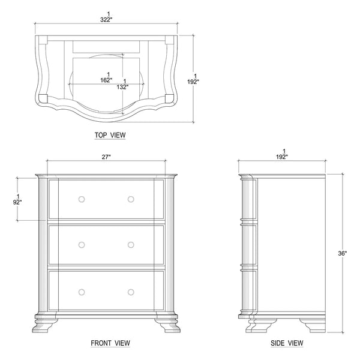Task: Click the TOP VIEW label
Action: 110,135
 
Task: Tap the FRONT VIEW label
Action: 110,343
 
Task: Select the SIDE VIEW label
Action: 287,343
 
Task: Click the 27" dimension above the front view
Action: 106,157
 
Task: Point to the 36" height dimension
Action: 343,253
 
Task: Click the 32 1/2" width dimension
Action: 106,17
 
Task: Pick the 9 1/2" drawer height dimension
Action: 17,200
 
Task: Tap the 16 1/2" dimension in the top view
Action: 106,77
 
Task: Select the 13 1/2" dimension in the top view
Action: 122,84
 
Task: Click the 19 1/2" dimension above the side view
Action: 282,154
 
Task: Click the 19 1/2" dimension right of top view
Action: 193,79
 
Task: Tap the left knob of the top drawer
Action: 82,199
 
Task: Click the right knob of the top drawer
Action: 131,199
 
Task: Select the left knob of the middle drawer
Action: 82,245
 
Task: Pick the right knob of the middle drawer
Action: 131,245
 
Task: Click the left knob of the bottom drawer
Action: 82,292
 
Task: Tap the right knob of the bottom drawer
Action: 131,292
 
